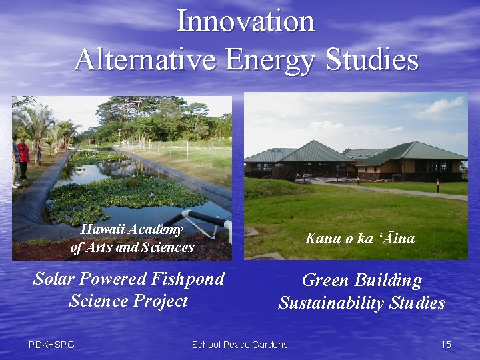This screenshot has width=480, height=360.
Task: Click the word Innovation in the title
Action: pos(245,21)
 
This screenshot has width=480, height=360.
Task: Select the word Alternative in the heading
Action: pos(145,60)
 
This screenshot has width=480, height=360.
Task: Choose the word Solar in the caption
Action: pos(55,279)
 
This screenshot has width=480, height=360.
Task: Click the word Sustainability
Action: pos(331,303)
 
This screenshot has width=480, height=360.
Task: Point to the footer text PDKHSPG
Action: pos(51,345)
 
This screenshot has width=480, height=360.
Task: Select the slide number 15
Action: pos(446,345)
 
